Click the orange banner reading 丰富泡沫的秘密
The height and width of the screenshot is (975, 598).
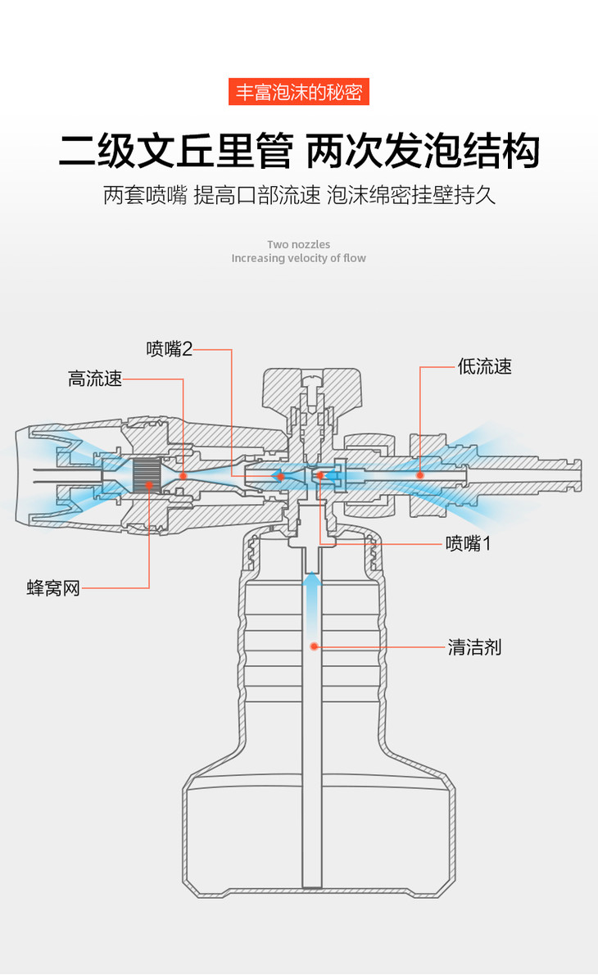point(298,91)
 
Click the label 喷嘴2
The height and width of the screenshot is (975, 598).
point(170,349)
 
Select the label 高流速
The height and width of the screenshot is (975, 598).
point(95,379)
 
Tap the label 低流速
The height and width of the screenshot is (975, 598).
point(485,366)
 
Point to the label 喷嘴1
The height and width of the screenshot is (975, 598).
point(469,543)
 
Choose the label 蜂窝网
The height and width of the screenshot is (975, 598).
point(53,587)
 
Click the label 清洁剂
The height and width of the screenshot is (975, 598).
point(474,647)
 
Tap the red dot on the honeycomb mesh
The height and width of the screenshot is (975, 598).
point(149,485)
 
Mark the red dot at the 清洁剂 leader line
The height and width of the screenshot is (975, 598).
point(314,646)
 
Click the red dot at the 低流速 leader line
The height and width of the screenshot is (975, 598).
point(419,474)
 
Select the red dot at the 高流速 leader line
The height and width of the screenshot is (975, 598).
point(183,474)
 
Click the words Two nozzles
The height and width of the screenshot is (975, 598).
point(298,244)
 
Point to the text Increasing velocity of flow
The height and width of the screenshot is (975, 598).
point(298,258)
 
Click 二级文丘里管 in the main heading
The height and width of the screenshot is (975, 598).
point(175,152)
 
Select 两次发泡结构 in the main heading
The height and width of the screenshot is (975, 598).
point(423,152)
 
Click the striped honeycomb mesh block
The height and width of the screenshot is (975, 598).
point(147,476)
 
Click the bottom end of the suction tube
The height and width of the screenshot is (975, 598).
point(311,882)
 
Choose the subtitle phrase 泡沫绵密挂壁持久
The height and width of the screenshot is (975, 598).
point(411,196)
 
